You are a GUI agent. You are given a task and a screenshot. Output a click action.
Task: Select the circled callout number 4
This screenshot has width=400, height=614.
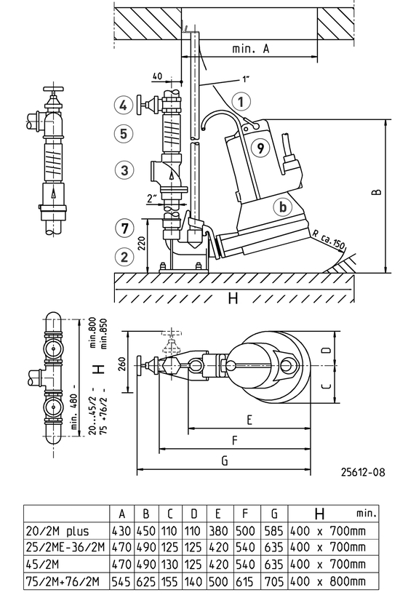point(124,105)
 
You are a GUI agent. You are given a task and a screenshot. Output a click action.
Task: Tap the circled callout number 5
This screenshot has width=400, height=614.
point(124,134)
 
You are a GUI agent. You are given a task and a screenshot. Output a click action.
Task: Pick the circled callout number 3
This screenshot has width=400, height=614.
point(124,170)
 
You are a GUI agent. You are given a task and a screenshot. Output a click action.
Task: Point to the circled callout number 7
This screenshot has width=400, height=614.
point(124,227)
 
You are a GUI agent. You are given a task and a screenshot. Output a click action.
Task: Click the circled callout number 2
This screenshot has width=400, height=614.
point(124,257)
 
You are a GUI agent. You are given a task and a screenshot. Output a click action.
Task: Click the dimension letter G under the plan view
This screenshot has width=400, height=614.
point(224,461)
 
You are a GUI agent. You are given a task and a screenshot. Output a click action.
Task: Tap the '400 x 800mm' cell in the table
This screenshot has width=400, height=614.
point(328,580)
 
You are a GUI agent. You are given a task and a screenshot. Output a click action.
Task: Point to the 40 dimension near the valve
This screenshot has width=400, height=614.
point(157,75)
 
